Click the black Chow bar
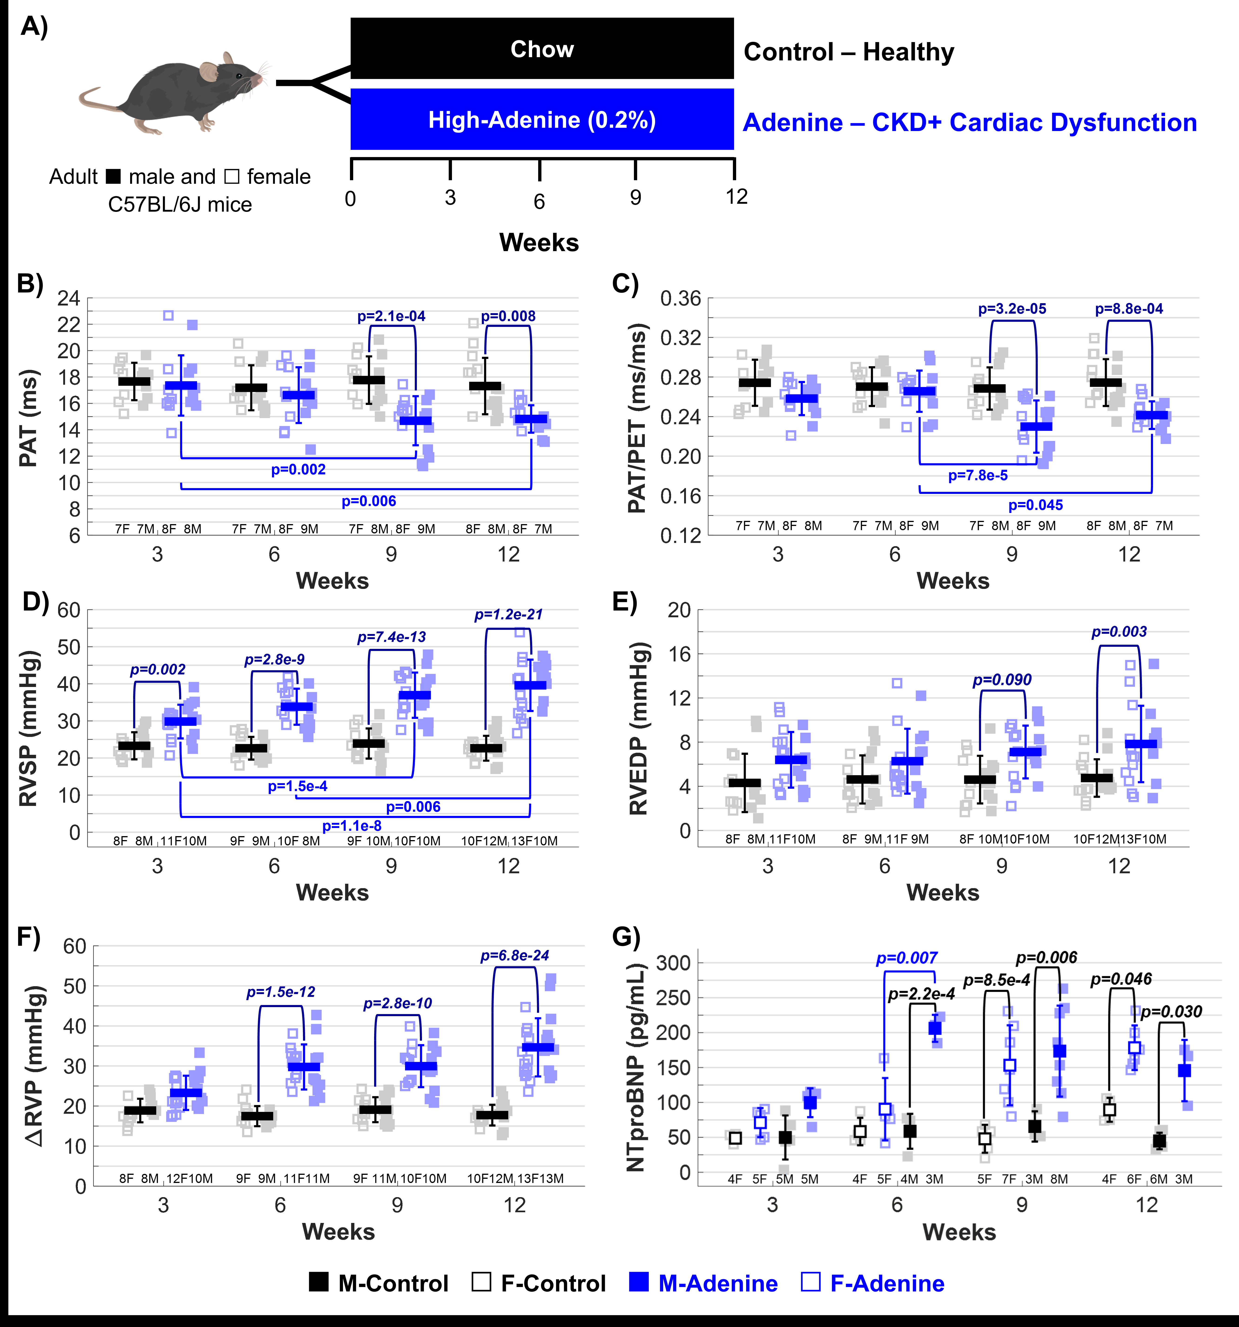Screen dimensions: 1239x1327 click(542, 49)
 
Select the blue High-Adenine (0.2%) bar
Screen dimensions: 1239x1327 click(542, 119)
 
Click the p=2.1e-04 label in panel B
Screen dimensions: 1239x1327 click(391, 316)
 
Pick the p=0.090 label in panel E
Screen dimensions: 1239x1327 click(1002, 680)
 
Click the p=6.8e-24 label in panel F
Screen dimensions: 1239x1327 click(515, 956)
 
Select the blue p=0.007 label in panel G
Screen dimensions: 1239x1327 click(906, 959)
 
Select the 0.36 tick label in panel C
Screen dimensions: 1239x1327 click(681, 299)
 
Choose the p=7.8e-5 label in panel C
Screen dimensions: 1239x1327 click(978, 476)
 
